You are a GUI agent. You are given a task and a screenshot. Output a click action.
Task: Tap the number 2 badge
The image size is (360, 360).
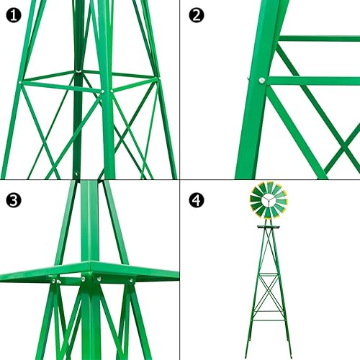[x=195, y=14]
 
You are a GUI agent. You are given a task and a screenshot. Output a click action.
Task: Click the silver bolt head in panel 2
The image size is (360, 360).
[x=262, y=80]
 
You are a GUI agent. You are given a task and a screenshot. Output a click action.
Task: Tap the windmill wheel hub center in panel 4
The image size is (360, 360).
[x=269, y=201]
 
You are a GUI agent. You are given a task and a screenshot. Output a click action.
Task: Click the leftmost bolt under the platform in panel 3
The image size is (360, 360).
[x=53, y=282]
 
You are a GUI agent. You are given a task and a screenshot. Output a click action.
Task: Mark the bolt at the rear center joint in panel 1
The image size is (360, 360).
[x=76, y=71]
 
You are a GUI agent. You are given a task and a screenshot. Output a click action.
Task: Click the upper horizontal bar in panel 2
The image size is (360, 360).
[x=317, y=38]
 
